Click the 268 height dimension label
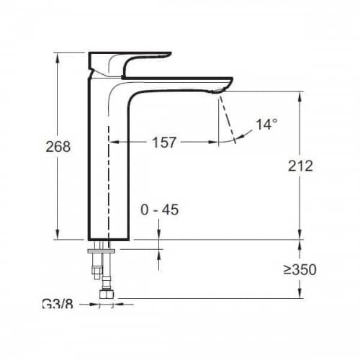[x=58, y=146]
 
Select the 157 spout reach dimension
[x=164, y=142]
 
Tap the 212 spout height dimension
[x=300, y=166]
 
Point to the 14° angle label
[x=266, y=125]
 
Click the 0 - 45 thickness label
[x=160, y=210]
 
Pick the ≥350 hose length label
[x=300, y=269]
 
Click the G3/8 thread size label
[x=58, y=304]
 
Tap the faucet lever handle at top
[x=130, y=63]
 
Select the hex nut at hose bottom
[x=107, y=294]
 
